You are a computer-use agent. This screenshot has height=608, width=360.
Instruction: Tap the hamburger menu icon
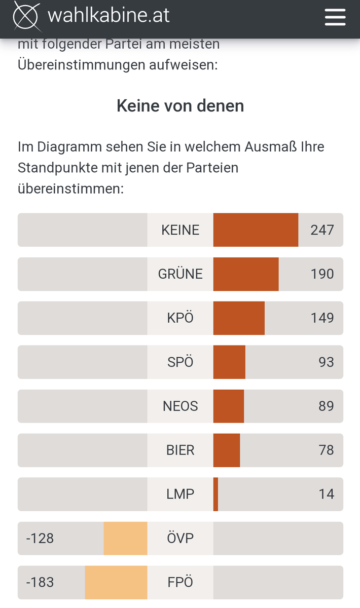(x=335, y=17)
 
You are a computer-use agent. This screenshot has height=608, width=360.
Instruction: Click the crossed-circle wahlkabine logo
(x=26, y=16)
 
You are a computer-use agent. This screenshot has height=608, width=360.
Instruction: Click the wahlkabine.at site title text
(x=109, y=16)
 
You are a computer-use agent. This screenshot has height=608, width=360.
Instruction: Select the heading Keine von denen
(x=180, y=105)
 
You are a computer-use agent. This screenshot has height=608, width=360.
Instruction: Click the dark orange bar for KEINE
(x=256, y=230)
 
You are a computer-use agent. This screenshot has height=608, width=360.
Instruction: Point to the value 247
(x=322, y=230)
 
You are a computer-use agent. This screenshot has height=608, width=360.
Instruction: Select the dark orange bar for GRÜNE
(x=246, y=274)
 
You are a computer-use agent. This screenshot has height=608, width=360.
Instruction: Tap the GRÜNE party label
(x=180, y=274)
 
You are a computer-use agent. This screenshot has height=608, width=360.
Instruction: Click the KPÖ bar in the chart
(x=239, y=318)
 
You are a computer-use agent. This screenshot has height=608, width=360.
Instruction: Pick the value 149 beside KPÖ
(x=322, y=318)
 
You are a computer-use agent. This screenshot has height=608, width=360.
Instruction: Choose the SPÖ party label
(x=180, y=362)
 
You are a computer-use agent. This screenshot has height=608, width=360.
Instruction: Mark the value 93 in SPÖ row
(x=326, y=362)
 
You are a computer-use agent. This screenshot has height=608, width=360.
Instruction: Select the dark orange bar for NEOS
(x=229, y=406)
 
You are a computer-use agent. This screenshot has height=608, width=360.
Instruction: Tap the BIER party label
(x=180, y=450)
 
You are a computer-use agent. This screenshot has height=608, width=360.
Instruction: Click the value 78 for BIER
(x=326, y=450)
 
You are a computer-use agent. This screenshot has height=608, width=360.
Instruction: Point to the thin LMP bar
(x=216, y=495)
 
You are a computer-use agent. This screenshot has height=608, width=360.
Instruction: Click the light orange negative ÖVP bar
(x=126, y=539)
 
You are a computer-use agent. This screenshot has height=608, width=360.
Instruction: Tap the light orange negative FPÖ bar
(x=116, y=583)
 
